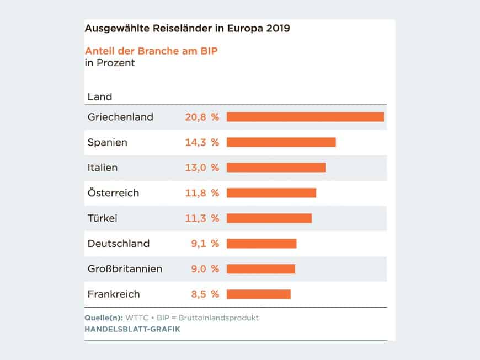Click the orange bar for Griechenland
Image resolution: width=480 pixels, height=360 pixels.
tap(305, 117)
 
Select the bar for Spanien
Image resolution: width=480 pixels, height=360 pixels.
tap(281, 142)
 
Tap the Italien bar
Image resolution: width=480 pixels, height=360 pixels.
tap(276, 168)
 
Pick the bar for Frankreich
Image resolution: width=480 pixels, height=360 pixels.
tap(258, 294)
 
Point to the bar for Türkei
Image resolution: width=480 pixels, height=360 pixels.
tap(269, 218)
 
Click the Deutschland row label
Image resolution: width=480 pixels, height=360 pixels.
tap(118, 244)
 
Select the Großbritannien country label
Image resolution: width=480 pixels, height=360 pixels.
tap(125, 269)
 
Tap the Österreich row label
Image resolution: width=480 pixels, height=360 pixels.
tap(113, 193)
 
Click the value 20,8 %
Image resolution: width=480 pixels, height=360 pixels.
tap(201, 117)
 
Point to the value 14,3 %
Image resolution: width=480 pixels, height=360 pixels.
tap(201, 142)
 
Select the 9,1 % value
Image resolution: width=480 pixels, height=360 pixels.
tap(205, 244)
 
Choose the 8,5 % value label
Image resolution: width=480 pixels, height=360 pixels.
tap(205, 294)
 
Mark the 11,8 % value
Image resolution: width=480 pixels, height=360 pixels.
tap(201, 193)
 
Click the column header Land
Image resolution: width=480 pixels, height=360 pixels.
tap(99, 97)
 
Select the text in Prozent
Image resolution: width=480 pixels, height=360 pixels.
tap(109, 63)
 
